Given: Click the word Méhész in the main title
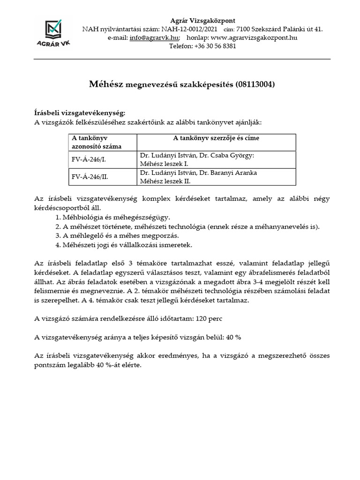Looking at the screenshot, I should pos(106,84).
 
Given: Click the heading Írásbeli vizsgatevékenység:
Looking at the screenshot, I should pos(80,113).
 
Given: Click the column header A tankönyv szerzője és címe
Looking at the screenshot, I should pos(216,138).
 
